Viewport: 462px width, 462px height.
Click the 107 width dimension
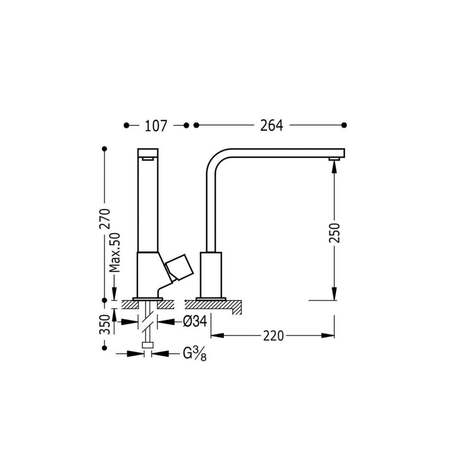pyautogui.click(x=156, y=126)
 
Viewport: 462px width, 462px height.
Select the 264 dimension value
pyautogui.click(x=271, y=126)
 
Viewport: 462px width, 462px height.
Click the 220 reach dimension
pyautogui.click(x=274, y=336)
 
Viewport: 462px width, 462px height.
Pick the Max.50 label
pyautogui.click(x=115, y=252)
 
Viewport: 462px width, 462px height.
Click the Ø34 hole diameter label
pyautogui.click(x=195, y=322)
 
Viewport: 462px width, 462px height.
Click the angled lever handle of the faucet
pyautogui.click(x=178, y=267)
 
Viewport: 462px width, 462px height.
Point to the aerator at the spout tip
pyautogui.click(x=334, y=159)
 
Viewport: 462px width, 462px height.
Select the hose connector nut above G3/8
pyautogui.click(x=148, y=345)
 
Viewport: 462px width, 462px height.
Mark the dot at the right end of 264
pyautogui.click(x=344, y=125)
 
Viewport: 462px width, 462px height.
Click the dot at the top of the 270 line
pyautogui.click(x=104, y=149)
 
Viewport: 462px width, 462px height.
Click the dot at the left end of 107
pyautogui.click(x=126, y=125)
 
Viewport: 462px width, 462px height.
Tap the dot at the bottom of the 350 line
pyautogui.click(x=104, y=347)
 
